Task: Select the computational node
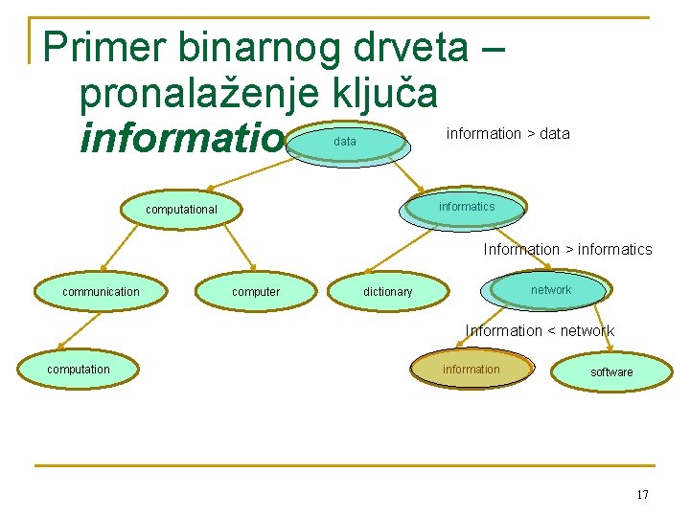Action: (x=181, y=210)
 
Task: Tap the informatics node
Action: (x=467, y=207)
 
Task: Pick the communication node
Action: (x=101, y=292)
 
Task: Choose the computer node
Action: (x=256, y=292)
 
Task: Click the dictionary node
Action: (x=388, y=292)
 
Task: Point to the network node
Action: (x=550, y=290)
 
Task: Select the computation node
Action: (x=79, y=370)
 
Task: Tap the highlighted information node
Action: (x=471, y=370)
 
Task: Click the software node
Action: (x=611, y=372)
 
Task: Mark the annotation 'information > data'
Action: (x=508, y=134)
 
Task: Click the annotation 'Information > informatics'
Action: (x=567, y=250)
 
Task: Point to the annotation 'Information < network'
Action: (x=540, y=331)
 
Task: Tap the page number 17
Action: (x=641, y=495)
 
